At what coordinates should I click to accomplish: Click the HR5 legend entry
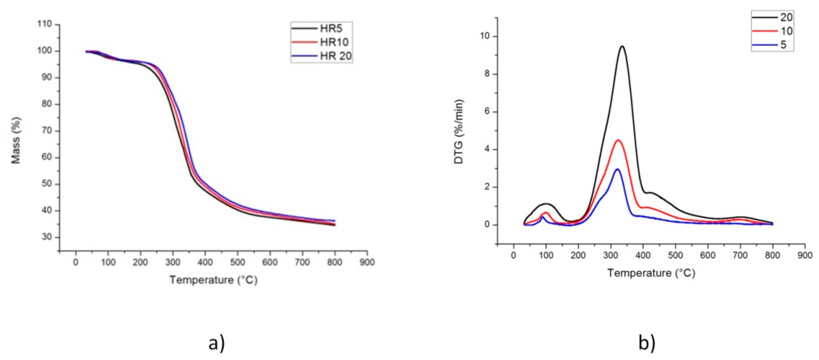click(x=321, y=28)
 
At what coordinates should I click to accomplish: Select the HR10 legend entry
click(x=321, y=42)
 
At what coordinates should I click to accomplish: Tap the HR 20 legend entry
click(x=321, y=56)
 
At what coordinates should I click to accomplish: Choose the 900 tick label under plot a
click(x=367, y=262)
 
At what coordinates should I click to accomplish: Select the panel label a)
click(x=216, y=344)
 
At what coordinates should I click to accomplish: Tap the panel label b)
click(x=647, y=344)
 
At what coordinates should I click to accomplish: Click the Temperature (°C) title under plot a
click(x=213, y=280)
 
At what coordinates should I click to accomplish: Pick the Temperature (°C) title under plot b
click(x=651, y=273)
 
